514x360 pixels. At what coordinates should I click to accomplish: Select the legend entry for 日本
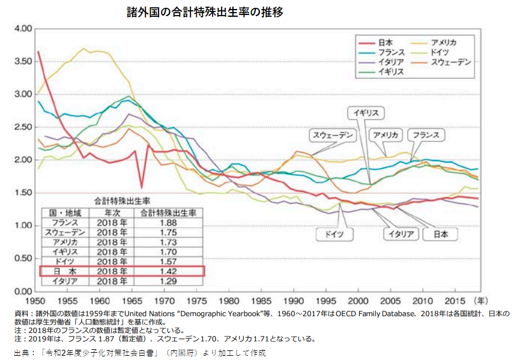click(x=385, y=42)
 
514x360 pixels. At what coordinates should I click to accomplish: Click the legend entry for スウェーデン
click(x=452, y=62)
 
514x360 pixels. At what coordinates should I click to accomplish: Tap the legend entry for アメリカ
click(x=444, y=42)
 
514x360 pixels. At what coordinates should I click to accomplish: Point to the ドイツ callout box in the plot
click(x=334, y=234)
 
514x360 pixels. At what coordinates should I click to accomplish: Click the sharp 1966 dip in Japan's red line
click(x=142, y=187)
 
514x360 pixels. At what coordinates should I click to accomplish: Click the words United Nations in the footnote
click(x=174, y=314)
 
